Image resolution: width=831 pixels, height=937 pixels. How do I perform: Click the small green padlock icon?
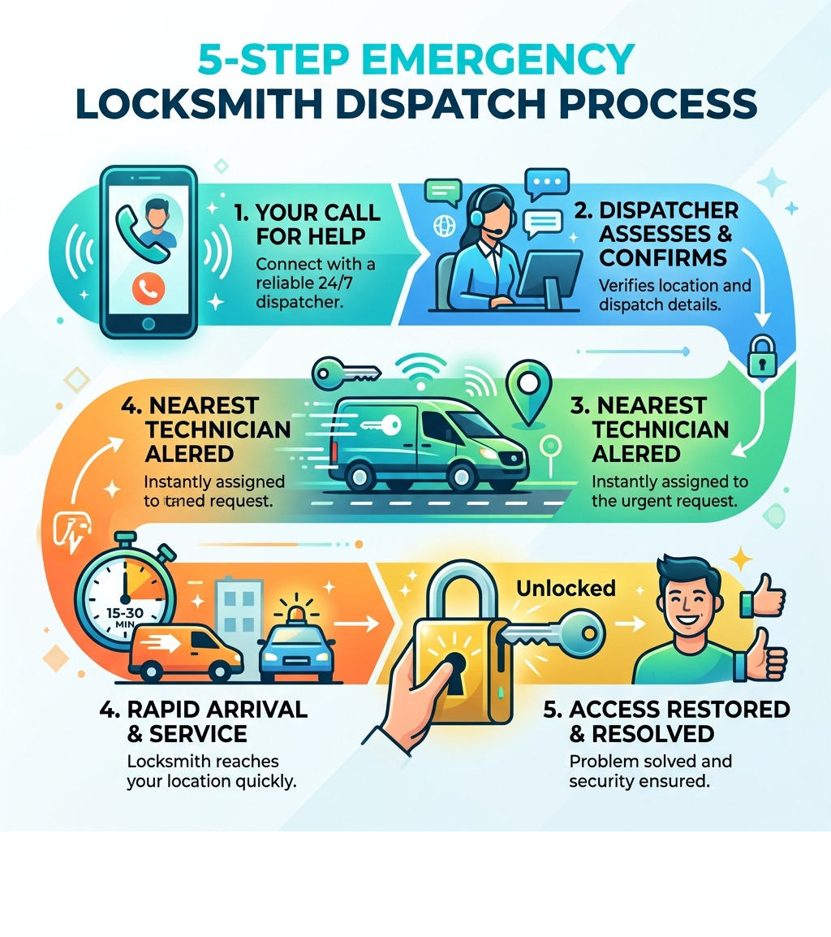(x=761, y=356)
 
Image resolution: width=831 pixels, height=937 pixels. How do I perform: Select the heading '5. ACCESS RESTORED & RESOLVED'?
(x=665, y=721)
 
